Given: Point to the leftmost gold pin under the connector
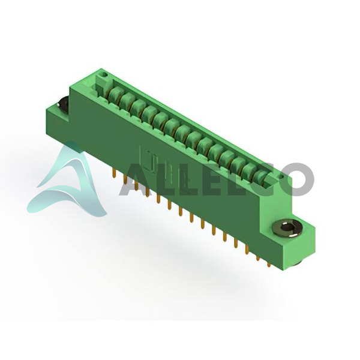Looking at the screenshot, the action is point(113,173).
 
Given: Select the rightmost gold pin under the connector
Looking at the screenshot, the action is point(269,263).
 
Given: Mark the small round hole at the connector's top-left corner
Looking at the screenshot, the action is point(104,75).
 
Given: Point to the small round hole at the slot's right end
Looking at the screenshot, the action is point(282,176).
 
